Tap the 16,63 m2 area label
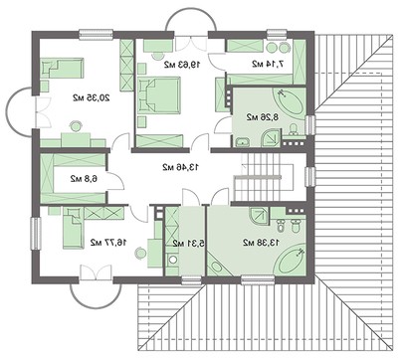tap(181, 63)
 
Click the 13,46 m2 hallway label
tap(180, 166)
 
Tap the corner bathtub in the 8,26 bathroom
tap(292, 105)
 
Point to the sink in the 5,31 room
tap(171, 260)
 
